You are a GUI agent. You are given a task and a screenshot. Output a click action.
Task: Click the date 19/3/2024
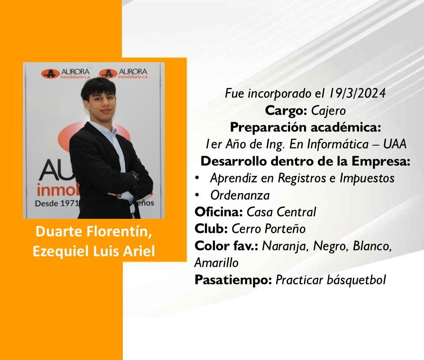point(357,93)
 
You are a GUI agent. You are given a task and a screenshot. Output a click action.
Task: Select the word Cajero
point(328,111)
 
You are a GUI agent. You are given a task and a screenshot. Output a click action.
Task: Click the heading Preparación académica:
point(306,127)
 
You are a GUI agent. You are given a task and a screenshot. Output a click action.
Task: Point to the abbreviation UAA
point(395,144)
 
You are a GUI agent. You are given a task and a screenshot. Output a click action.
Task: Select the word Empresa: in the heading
point(381,161)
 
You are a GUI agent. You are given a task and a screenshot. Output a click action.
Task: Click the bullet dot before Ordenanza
point(197,195)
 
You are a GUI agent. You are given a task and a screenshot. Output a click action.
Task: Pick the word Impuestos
point(367,178)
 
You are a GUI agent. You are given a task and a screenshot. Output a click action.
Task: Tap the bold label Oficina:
point(219,212)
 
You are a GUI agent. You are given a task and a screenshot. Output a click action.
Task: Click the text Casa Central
point(281,212)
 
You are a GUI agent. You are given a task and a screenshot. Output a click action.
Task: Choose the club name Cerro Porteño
point(269,229)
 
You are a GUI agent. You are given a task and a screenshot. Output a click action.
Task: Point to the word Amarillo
point(216,262)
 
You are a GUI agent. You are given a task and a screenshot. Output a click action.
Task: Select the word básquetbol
point(356,280)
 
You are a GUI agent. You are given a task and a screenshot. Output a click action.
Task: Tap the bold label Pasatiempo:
point(233,280)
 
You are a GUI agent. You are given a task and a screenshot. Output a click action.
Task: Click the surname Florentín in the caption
point(119,232)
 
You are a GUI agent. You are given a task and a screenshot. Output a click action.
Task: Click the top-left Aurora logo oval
point(50,74)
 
